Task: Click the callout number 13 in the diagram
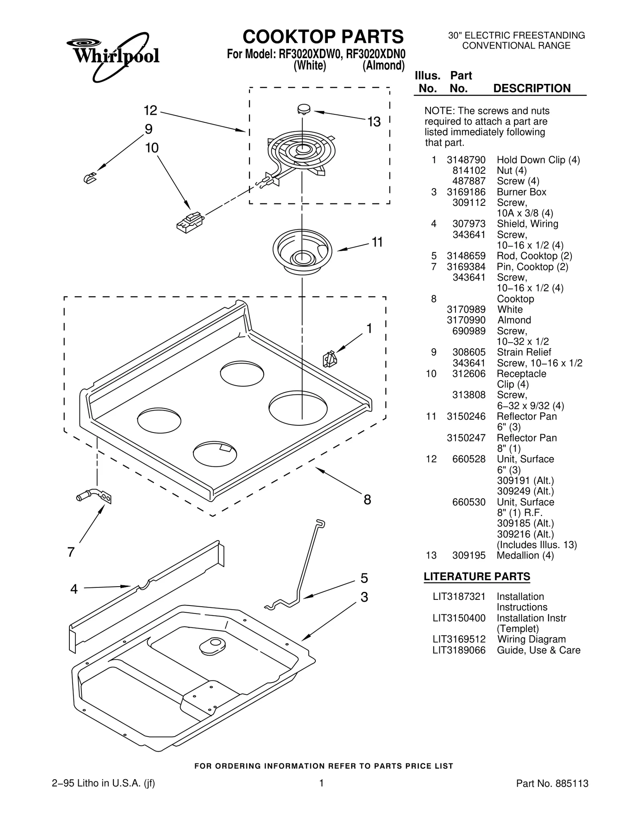click(374, 122)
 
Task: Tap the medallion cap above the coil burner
click(304, 108)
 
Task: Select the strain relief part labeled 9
click(90, 178)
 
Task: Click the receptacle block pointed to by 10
click(190, 222)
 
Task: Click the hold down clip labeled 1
click(329, 358)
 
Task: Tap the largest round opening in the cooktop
click(298, 408)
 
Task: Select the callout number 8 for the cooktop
click(367, 500)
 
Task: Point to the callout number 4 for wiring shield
click(74, 589)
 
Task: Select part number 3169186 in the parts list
click(466, 192)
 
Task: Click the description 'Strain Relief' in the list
click(524, 352)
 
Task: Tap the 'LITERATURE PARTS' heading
click(477, 577)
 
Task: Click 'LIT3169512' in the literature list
click(459, 639)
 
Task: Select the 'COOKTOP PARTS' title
click(323, 37)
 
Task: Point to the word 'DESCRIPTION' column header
click(532, 88)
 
